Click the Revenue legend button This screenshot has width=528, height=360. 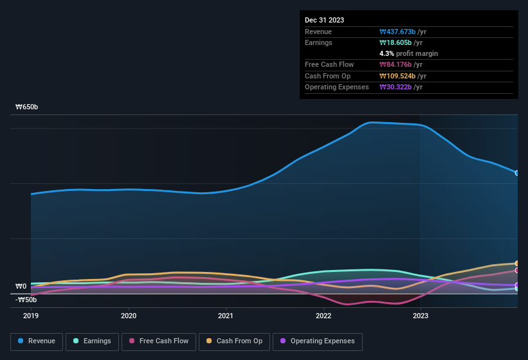pos(37,341)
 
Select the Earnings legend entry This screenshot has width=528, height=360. pos(93,341)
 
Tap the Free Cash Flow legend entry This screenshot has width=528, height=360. pos(159,341)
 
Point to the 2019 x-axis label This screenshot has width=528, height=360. pos(31,316)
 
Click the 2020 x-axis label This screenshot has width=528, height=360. pos(129,316)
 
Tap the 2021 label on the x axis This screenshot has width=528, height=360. pos(226,316)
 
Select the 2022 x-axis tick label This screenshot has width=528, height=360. pos(323,316)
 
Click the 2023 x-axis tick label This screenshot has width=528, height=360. pos(420,316)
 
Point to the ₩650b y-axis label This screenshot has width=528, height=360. pos(27,107)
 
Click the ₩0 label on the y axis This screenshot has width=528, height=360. pos(21,287)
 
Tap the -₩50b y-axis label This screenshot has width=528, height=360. pos(26,300)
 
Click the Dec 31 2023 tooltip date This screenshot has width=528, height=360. pos(325,20)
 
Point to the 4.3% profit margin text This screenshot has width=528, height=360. pos(409,53)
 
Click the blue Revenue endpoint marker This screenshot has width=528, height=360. pos(517,172)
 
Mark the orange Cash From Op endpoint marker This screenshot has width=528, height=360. pos(517,264)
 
